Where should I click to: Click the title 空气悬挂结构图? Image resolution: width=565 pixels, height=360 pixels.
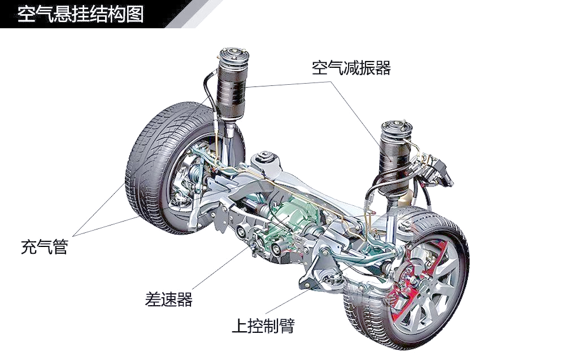click(81, 14)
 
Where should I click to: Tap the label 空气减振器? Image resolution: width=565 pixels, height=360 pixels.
click(351, 68)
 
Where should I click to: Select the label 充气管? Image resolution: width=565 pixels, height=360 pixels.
click(44, 247)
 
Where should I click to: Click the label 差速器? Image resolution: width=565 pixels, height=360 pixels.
click(168, 299)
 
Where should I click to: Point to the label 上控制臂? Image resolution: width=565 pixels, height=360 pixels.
click(263, 326)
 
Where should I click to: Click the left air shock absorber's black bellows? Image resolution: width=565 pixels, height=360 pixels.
click(232, 86)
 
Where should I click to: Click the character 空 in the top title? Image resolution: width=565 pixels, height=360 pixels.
click(25, 14)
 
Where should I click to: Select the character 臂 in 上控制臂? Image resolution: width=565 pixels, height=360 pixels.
click(287, 326)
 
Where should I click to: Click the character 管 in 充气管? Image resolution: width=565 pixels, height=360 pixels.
click(60, 247)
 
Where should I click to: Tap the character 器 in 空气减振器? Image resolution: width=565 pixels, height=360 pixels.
click(383, 68)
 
